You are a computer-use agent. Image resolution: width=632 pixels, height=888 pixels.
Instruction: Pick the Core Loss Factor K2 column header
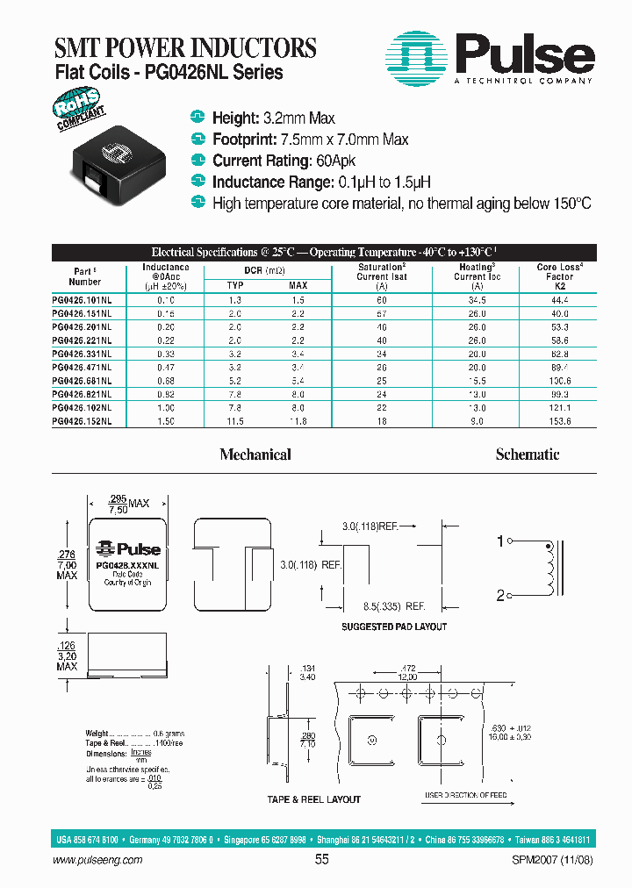(x=559, y=276)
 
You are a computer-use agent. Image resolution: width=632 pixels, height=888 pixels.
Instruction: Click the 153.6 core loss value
(x=559, y=421)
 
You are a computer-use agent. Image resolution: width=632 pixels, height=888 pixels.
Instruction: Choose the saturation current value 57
(x=381, y=313)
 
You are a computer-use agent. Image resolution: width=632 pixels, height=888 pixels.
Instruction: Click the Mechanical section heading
(x=255, y=455)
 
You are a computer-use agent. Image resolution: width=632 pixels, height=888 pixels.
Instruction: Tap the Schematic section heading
(x=527, y=455)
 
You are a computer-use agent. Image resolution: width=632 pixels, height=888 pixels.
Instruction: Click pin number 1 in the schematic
(x=501, y=542)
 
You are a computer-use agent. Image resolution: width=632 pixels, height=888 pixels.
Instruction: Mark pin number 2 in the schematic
(x=501, y=596)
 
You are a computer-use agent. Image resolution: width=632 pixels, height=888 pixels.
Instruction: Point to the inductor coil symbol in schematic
(x=550, y=569)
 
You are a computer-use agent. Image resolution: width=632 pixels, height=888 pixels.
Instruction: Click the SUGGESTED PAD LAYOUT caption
(x=393, y=627)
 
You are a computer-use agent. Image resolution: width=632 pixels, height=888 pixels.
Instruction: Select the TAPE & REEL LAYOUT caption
(x=313, y=799)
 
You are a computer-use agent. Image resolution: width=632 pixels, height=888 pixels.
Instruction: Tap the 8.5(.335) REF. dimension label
(x=396, y=606)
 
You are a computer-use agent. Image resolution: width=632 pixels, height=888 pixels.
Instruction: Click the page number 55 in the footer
(x=321, y=860)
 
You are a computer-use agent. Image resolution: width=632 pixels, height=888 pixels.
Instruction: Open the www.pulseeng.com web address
(x=97, y=861)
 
